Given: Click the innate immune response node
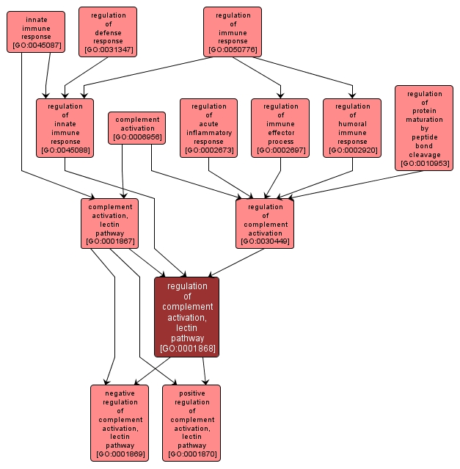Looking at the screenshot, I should tap(36, 32).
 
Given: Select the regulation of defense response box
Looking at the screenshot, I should tap(109, 32).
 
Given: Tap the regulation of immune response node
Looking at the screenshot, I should tap(233, 32).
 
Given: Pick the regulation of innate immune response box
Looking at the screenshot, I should tap(65, 128).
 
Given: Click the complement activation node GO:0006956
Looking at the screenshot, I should tap(137, 128).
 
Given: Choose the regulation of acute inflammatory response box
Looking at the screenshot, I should tap(209, 128).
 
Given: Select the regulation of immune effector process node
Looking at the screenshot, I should tap(281, 128).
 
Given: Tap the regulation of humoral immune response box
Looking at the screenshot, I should tap(352, 128).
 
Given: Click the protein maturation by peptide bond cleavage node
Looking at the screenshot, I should tap(424, 128).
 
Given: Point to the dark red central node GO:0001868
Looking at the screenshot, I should tap(187, 316).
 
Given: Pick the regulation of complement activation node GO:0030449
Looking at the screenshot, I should tap(265, 223).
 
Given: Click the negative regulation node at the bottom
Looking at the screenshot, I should tap(120, 423).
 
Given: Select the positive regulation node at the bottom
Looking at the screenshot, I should tap(191, 423).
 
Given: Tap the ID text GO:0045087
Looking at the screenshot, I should tap(36, 46).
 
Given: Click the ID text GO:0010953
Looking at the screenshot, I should tap(424, 164).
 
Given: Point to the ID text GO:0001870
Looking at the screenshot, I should tap(191, 455).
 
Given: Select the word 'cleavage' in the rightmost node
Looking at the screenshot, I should tap(424, 154).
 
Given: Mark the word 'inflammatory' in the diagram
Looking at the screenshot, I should tap(209, 133).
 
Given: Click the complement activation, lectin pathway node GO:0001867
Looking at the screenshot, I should tap(110, 223).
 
